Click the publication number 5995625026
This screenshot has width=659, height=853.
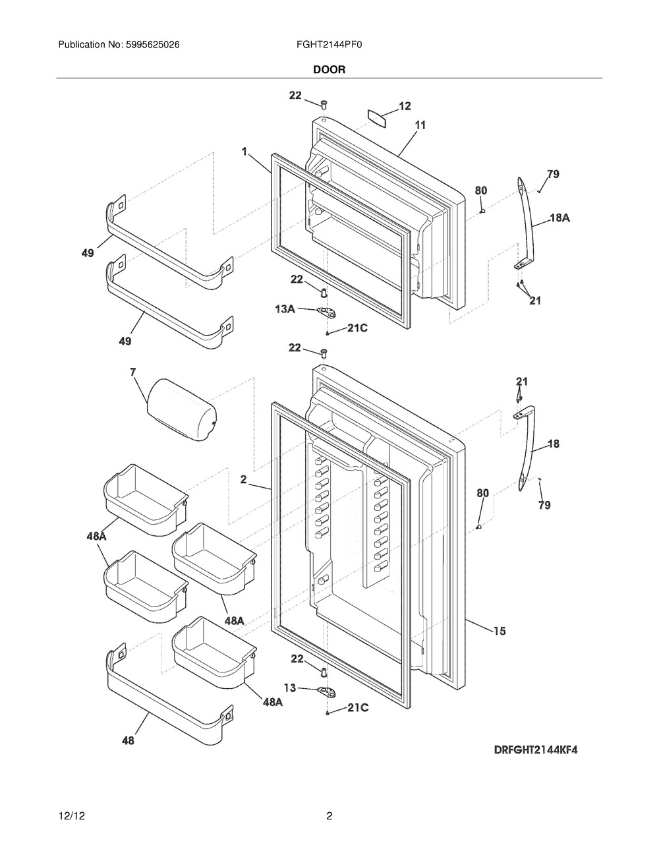153,45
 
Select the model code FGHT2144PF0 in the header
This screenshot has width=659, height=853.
329,45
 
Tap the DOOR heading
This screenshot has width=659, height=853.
329,70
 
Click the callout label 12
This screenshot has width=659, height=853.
405,106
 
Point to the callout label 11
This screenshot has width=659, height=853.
420,125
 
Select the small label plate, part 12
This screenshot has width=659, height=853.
377,118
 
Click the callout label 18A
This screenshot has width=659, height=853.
559,218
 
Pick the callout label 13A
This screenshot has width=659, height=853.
285,309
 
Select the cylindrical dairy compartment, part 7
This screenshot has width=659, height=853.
182,409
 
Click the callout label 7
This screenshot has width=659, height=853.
133,372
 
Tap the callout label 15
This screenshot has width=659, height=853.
500,632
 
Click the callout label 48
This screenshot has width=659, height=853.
128,740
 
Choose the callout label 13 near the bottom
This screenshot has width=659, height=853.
290,688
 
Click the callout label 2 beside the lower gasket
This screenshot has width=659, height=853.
244,479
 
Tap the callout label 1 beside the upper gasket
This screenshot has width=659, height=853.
244,151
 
